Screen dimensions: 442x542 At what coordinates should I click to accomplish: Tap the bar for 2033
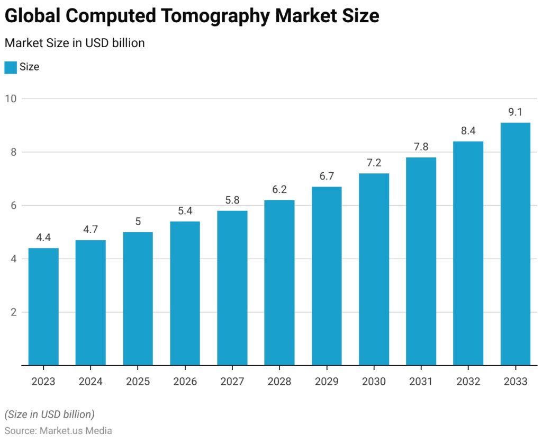(516, 244)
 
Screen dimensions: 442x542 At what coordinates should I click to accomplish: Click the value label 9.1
(516, 112)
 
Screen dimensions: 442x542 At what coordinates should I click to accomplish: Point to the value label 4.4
(43, 237)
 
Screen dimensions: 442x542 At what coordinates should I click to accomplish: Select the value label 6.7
(327, 176)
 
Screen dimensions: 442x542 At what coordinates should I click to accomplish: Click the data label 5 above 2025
(138, 222)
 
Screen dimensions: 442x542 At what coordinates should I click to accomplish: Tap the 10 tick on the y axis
(11, 99)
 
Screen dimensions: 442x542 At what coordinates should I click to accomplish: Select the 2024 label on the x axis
(91, 382)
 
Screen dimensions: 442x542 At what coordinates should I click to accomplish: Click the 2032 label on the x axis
(468, 382)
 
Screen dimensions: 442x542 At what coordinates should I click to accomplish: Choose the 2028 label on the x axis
(279, 382)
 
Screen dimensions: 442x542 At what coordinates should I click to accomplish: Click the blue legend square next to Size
(11, 67)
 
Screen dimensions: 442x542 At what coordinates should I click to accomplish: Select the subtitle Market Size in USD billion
(75, 43)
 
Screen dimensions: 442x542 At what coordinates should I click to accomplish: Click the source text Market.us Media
(76, 431)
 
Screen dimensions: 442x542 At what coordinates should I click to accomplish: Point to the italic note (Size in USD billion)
(49, 414)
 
